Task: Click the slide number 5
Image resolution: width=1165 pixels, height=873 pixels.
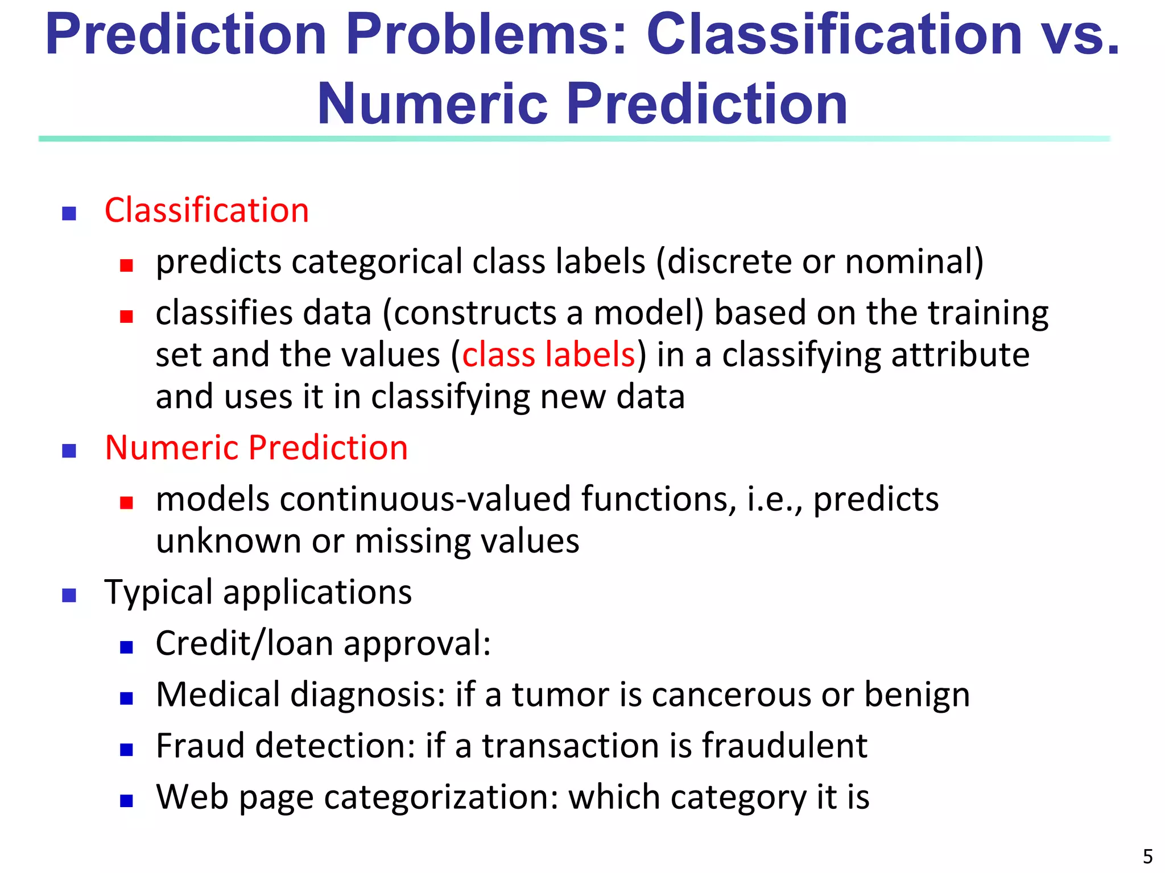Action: click(x=1147, y=856)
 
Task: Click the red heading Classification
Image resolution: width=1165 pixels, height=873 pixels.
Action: click(x=206, y=210)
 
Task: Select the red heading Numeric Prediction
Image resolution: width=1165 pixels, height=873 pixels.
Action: click(x=256, y=448)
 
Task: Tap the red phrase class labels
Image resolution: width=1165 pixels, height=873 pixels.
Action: click(x=548, y=355)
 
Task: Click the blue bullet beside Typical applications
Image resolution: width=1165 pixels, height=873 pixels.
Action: click(x=69, y=595)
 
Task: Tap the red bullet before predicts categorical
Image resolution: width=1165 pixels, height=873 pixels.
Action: click(x=126, y=265)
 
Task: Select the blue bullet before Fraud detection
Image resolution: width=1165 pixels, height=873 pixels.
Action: click(x=126, y=750)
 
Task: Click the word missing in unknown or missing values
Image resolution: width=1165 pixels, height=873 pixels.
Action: click(x=412, y=541)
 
